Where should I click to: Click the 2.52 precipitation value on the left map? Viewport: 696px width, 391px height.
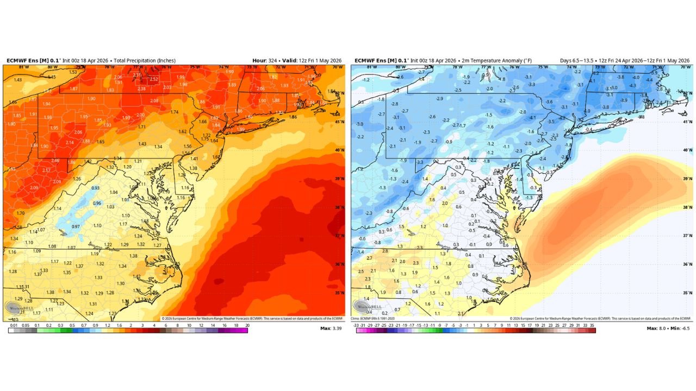click(x=154, y=79)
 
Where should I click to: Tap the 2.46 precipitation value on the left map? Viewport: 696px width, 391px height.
click(x=55, y=161)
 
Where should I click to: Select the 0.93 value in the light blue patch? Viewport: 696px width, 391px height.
click(x=95, y=188)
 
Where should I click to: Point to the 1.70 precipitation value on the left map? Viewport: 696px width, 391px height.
click(x=21, y=213)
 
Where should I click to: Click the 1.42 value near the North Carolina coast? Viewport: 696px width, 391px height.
click(x=137, y=277)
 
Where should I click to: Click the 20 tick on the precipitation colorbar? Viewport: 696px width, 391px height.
click(x=247, y=325)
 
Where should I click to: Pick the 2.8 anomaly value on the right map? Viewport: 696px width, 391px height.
click(x=385, y=251)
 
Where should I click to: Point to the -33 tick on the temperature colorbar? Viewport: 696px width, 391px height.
click(x=356, y=325)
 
